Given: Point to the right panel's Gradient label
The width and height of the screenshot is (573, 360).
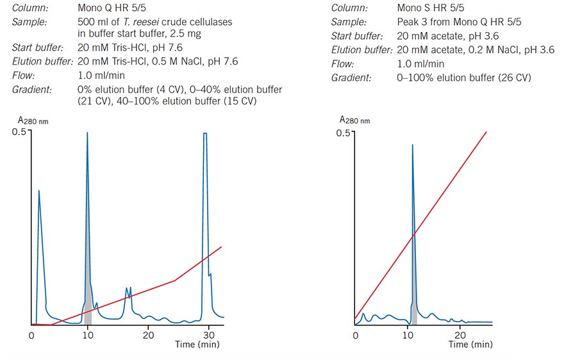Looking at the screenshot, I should pyautogui.click(x=352, y=78).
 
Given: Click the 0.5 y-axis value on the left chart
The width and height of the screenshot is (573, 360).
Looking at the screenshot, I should pyautogui.click(x=20, y=132).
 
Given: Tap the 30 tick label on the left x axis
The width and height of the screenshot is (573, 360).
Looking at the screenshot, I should pyautogui.click(x=207, y=335).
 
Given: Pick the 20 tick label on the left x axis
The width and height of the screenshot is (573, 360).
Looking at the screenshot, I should pyautogui.click(x=148, y=335).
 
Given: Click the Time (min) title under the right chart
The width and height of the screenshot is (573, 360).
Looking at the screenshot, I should pyautogui.click(x=471, y=345).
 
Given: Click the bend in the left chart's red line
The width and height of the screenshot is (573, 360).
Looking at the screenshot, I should pyautogui.click(x=176, y=281).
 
